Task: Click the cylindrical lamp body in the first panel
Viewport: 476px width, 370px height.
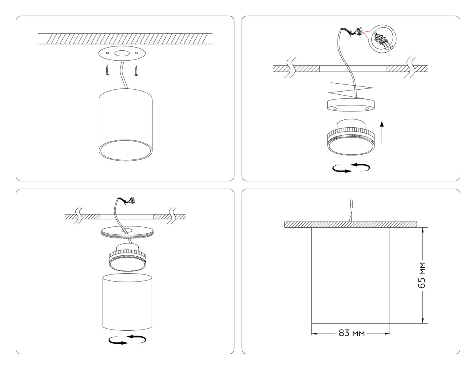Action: (125, 123)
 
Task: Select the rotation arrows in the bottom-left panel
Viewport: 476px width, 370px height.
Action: (127, 339)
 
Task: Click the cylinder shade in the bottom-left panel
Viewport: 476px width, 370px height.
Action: (127, 301)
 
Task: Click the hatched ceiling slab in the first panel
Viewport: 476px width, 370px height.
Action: (125, 39)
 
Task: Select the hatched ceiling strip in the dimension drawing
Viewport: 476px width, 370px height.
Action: (351, 224)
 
